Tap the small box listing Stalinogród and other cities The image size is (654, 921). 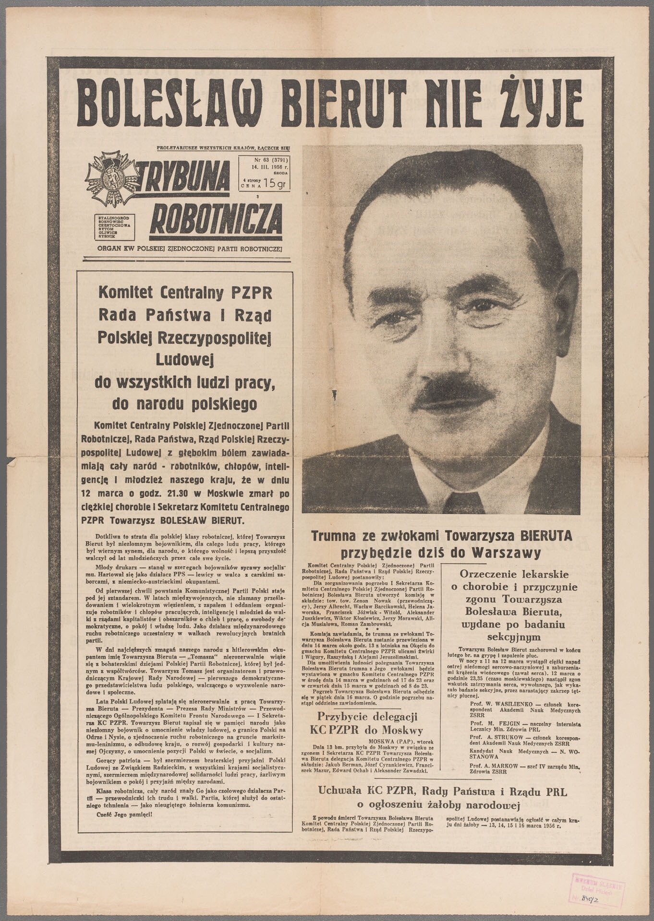(x=116, y=226)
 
